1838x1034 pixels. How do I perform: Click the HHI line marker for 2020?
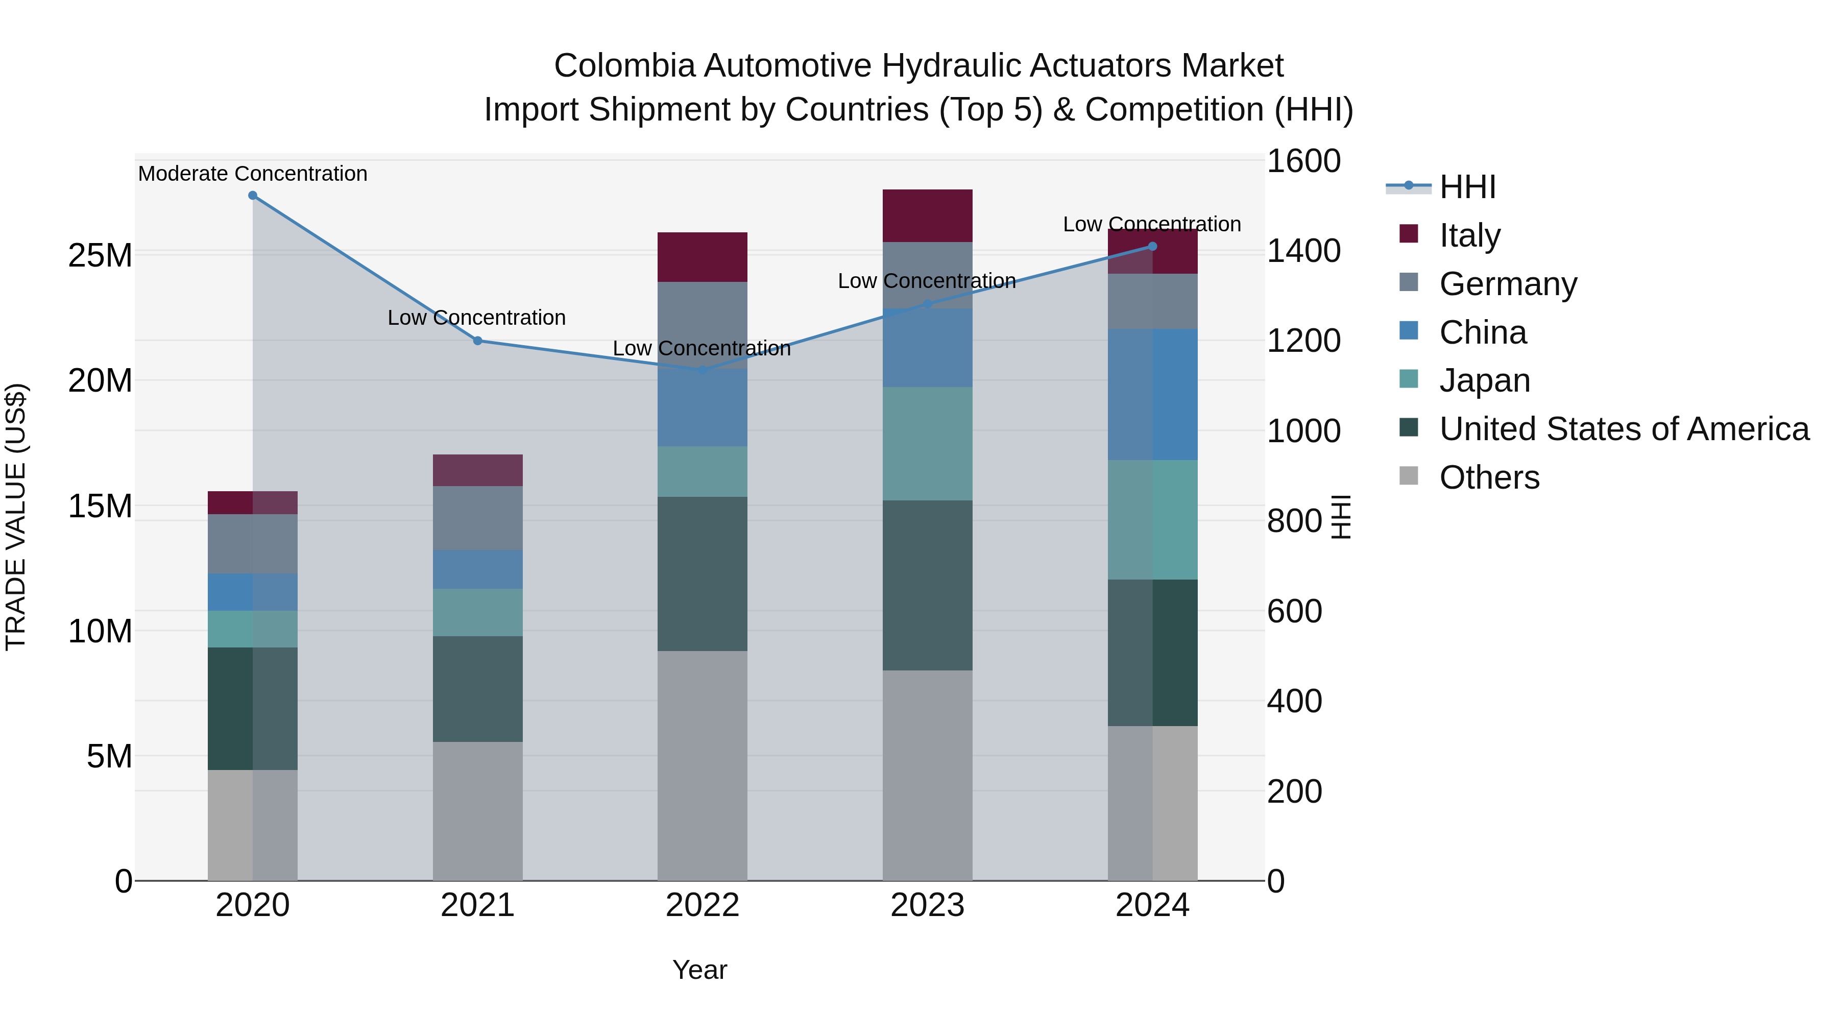pyautogui.click(x=253, y=196)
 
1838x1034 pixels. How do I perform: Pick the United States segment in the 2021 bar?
pyautogui.click(x=477, y=689)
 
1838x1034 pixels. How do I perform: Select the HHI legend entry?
pyautogui.click(x=1466, y=187)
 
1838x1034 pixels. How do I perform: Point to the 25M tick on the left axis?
pyautogui.click(x=100, y=255)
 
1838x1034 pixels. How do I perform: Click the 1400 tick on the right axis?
pyautogui.click(x=1303, y=251)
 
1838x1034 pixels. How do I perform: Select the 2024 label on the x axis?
pyautogui.click(x=1152, y=905)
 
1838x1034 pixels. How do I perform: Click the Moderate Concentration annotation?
pyautogui.click(x=253, y=174)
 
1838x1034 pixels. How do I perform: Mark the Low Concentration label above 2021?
pyautogui.click(x=477, y=318)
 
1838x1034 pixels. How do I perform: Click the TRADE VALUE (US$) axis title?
pyautogui.click(x=16, y=517)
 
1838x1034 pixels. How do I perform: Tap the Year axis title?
pyautogui.click(x=699, y=970)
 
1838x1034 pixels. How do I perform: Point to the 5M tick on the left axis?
pyautogui.click(x=109, y=756)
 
